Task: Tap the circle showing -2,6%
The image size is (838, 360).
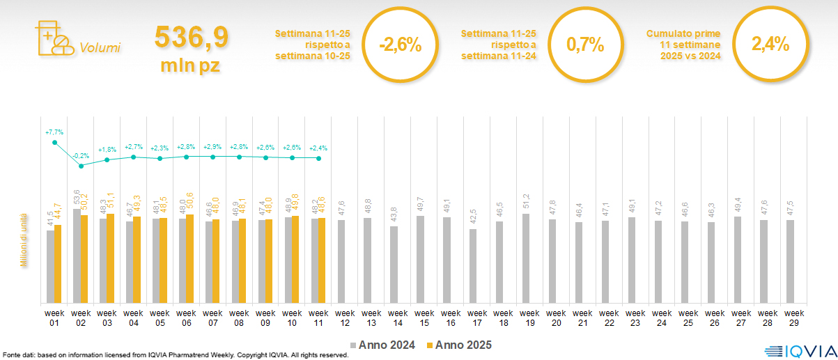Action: pyautogui.click(x=400, y=46)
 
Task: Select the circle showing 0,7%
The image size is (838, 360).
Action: pyautogui.click(x=584, y=45)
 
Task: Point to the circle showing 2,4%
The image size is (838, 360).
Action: pyautogui.click(x=770, y=45)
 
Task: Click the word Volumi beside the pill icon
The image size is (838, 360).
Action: pyautogui.click(x=100, y=48)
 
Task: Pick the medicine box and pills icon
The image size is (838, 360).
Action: pyautogui.click(x=54, y=38)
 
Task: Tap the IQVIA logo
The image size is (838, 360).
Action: pyautogui.click(x=798, y=350)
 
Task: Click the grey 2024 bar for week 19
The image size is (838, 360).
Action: pyautogui.click(x=526, y=258)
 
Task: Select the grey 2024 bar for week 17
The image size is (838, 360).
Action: pyautogui.click(x=473, y=266)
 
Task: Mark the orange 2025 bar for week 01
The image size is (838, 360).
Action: pyautogui.click(x=58, y=264)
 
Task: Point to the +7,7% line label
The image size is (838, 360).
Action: pyautogui.click(x=54, y=132)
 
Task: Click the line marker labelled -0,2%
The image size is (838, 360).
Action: pyautogui.click(x=81, y=166)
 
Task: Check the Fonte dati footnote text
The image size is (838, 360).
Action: pyautogui.click(x=174, y=355)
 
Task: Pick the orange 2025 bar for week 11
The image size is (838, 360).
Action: pyautogui.click(x=322, y=260)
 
